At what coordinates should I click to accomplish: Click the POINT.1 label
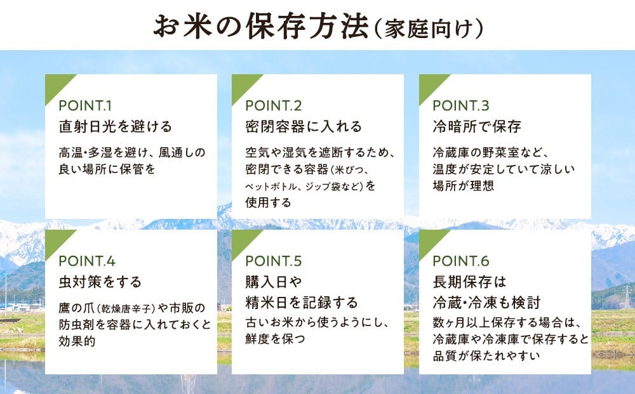pyautogui.click(x=85, y=105)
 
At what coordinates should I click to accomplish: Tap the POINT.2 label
pyautogui.click(x=273, y=105)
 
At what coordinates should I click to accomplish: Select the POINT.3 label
pyautogui.click(x=461, y=105)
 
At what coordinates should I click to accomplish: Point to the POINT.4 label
pyautogui.click(x=87, y=261)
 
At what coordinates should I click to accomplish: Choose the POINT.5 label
pyautogui.click(x=273, y=261)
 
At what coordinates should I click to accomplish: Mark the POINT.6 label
pyautogui.click(x=461, y=261)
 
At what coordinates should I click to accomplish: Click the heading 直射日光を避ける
pyautogui.click(x=116, y=127)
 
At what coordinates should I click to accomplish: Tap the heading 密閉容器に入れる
pyautogui.click(x=304, y=127)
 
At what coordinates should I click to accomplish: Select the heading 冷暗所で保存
pyautogui.click(x=477, y=127)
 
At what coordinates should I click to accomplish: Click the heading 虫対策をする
pyautogui.click(x=100, y=282)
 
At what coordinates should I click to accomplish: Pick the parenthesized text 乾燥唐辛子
pyautogui.click(x=126, y=309)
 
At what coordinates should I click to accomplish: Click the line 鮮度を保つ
pyautogui.click(x=275, y=339)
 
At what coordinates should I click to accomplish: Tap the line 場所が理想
pyautogui.click(x=464, y=186)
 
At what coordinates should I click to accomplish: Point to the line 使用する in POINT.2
pyautogui.click(x=268, y=202)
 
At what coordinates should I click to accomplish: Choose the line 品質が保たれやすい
pyautogui.click(x=486, y=356)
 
